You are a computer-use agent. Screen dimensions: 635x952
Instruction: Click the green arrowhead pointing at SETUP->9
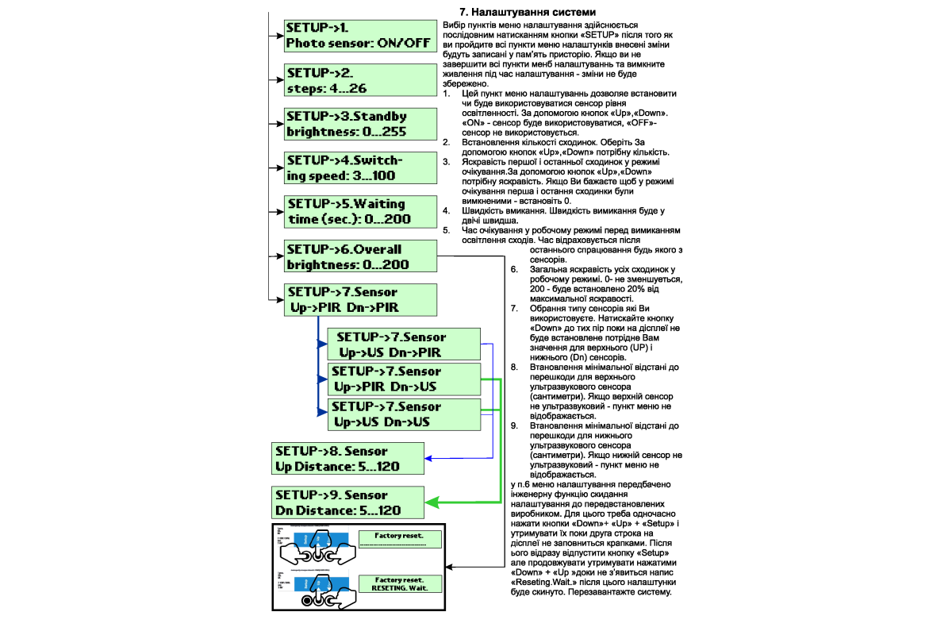coord(432,502)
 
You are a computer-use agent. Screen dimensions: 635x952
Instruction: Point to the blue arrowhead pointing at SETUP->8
coord(429,459)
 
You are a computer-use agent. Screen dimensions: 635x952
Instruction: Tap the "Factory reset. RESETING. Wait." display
coord(399,583)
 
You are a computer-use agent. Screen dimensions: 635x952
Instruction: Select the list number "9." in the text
coord(514,425)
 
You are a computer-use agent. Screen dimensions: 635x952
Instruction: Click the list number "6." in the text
coord(514,270)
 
